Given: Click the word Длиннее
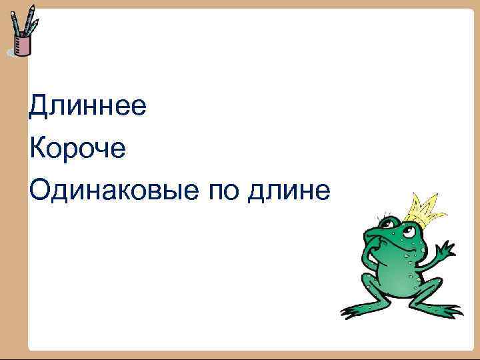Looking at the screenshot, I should point(87,106).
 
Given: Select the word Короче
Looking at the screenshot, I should point(77,149).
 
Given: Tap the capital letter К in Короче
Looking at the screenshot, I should point(37,149).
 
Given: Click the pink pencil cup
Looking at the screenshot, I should point(23,46).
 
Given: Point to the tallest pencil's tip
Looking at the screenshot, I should point(32,7).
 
